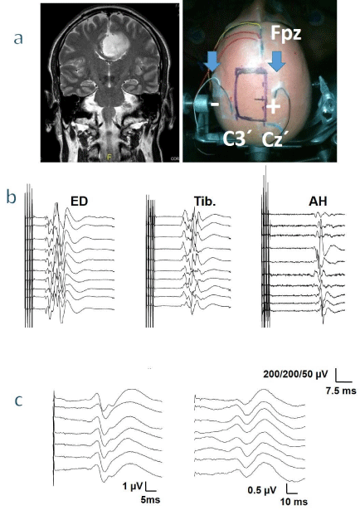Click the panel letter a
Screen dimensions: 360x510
coord(18,39)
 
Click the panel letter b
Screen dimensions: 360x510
coord(12,197)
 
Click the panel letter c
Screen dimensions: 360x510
coord(19,401)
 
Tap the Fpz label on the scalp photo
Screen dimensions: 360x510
coord(286,35)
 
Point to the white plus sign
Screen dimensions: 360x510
coord(274,107)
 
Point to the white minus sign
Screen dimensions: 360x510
coord(215,104)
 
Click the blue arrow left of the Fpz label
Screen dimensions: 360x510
coord(212,61)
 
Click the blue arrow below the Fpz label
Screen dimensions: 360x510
coord(277,61)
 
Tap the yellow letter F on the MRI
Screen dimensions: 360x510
coord(109,158)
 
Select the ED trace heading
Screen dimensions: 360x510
coord(80,202)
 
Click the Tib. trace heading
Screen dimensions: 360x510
coord(205,202)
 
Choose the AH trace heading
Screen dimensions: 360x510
coord(318,202)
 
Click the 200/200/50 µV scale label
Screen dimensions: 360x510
coord(295,374)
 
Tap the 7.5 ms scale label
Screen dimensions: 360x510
coord(341,391)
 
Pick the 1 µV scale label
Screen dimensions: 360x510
coord(133,486)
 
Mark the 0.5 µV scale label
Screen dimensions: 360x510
coord(262,490)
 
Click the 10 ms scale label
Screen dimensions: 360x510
coord(294,502)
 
